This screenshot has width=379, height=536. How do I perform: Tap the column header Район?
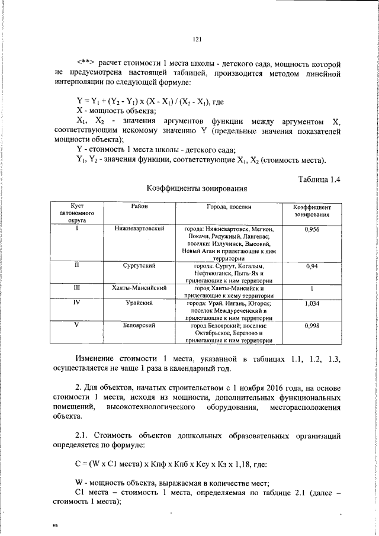tap(140, 206)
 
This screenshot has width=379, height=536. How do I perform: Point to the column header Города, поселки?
tap(229, 207)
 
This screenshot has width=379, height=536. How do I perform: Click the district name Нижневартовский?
tap(140, 228)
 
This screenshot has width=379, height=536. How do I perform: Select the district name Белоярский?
tap(140, 325)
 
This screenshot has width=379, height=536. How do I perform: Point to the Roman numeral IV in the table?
tap(76, 303)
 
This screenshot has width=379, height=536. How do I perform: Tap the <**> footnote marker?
tap(86, 62)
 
